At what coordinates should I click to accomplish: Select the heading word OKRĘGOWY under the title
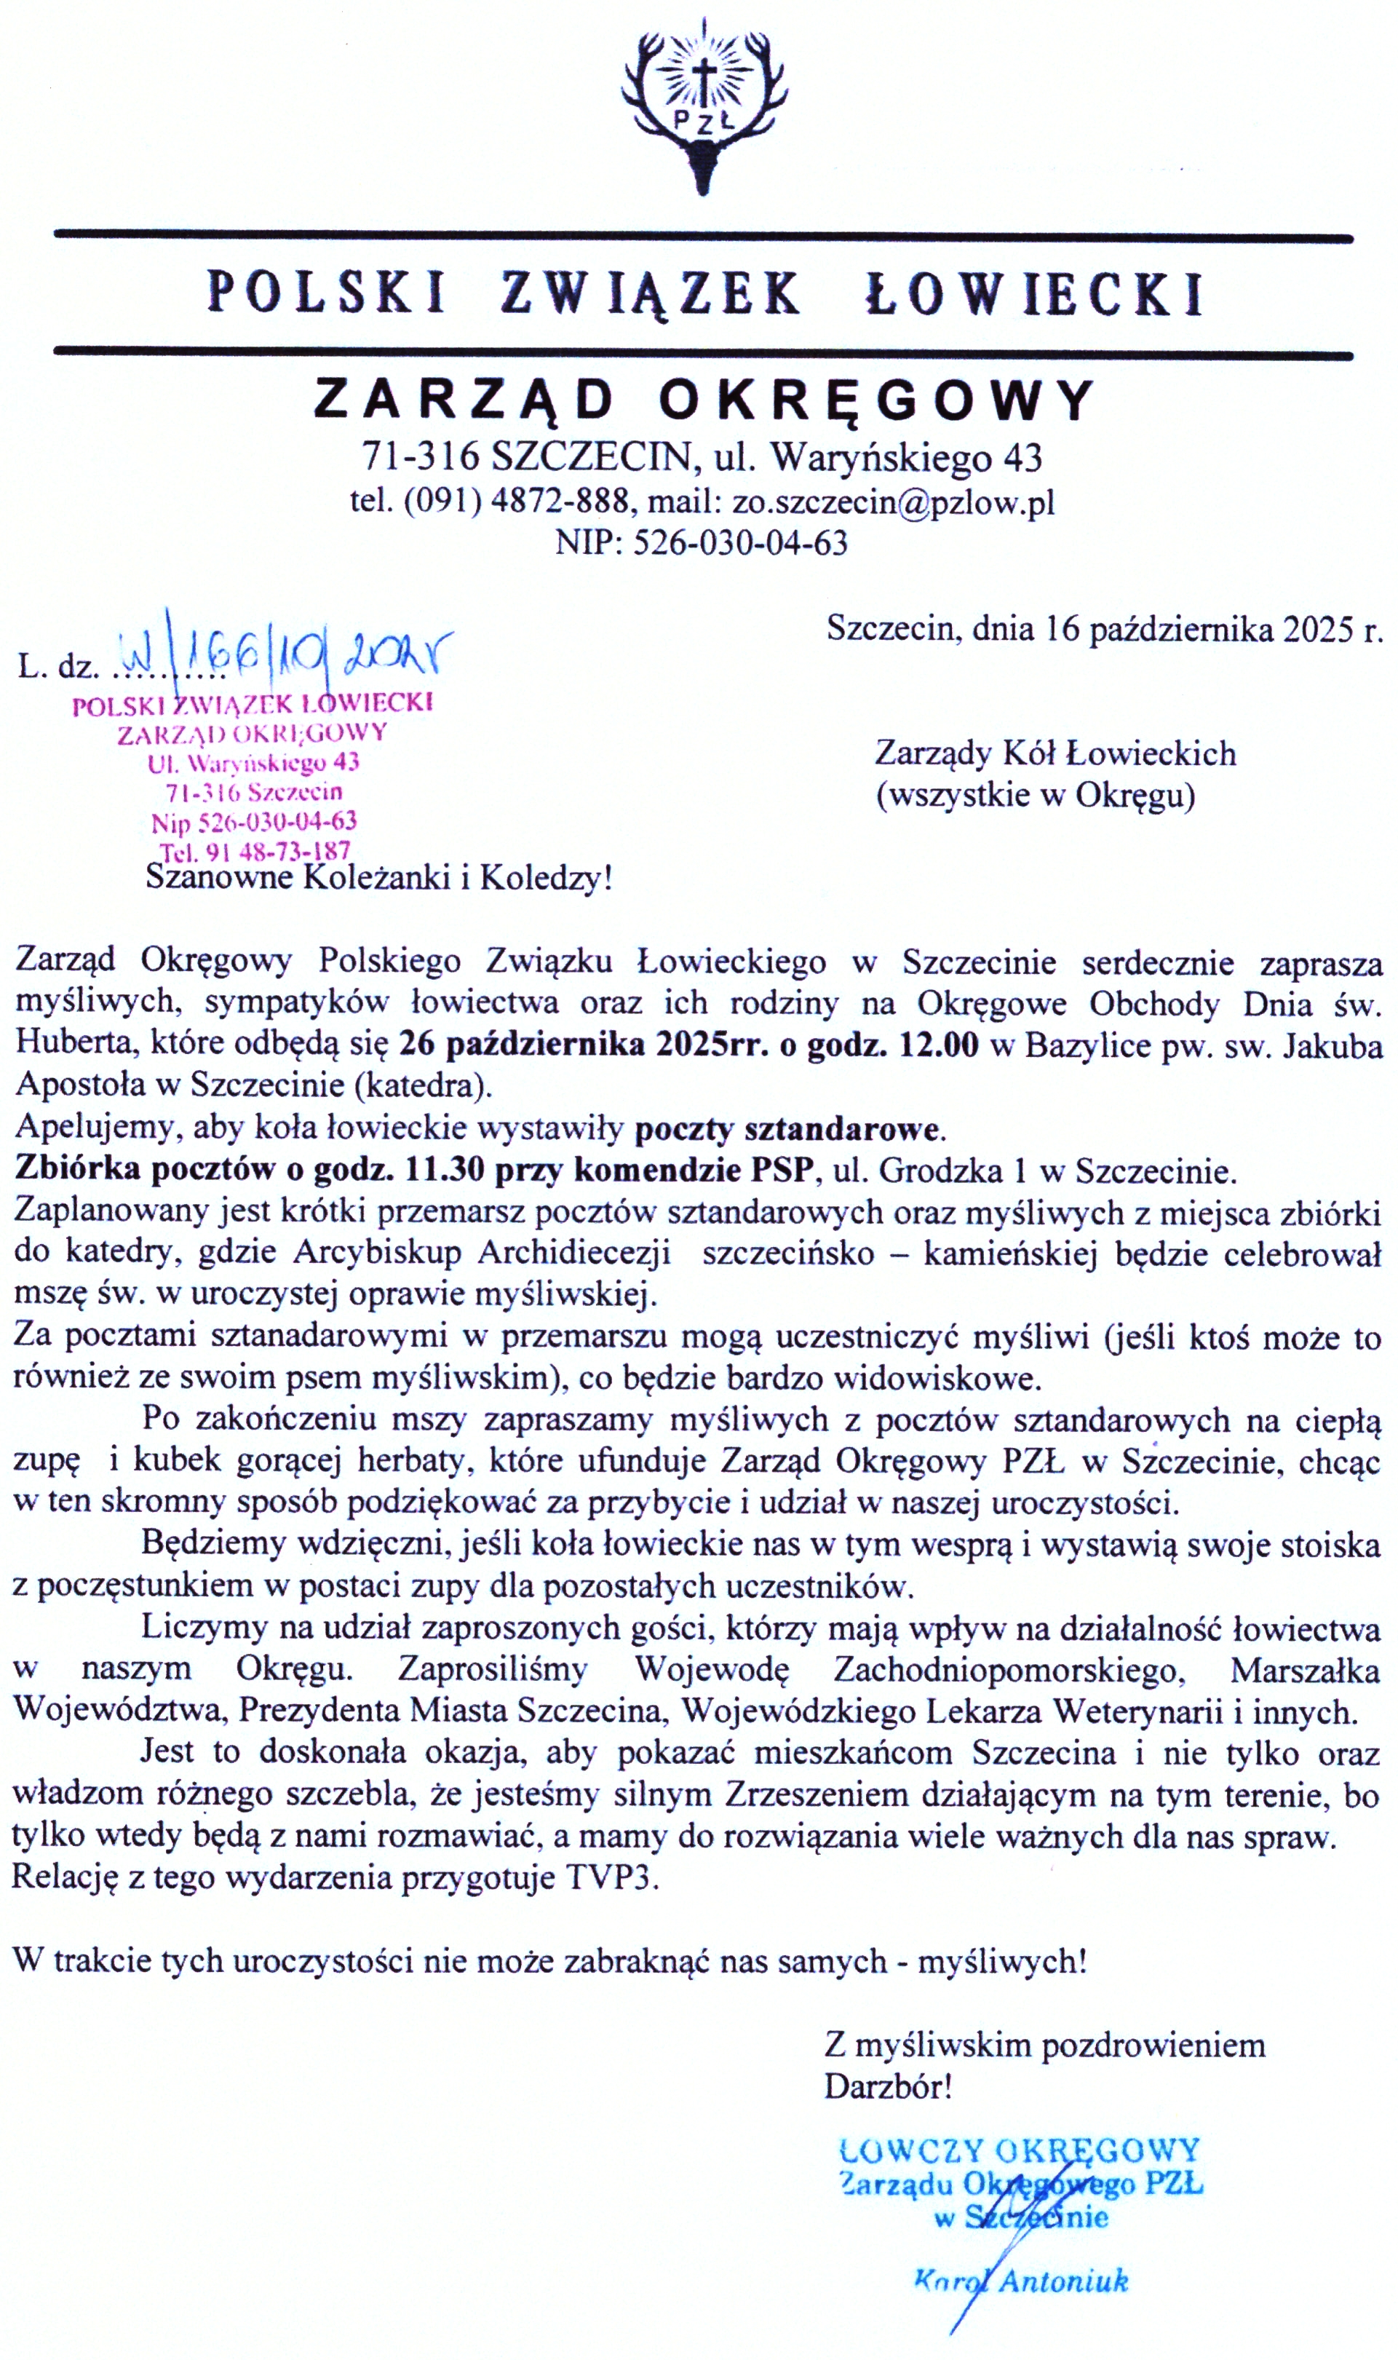[x=876, y=400]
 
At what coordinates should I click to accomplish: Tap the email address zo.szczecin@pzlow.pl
[x=893, y=502]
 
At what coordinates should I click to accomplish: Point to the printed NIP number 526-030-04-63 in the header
[x=740, y=544]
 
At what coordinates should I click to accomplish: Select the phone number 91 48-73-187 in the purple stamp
[x=273, y=851]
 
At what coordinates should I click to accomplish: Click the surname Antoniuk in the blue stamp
[x=1063, y=2280]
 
